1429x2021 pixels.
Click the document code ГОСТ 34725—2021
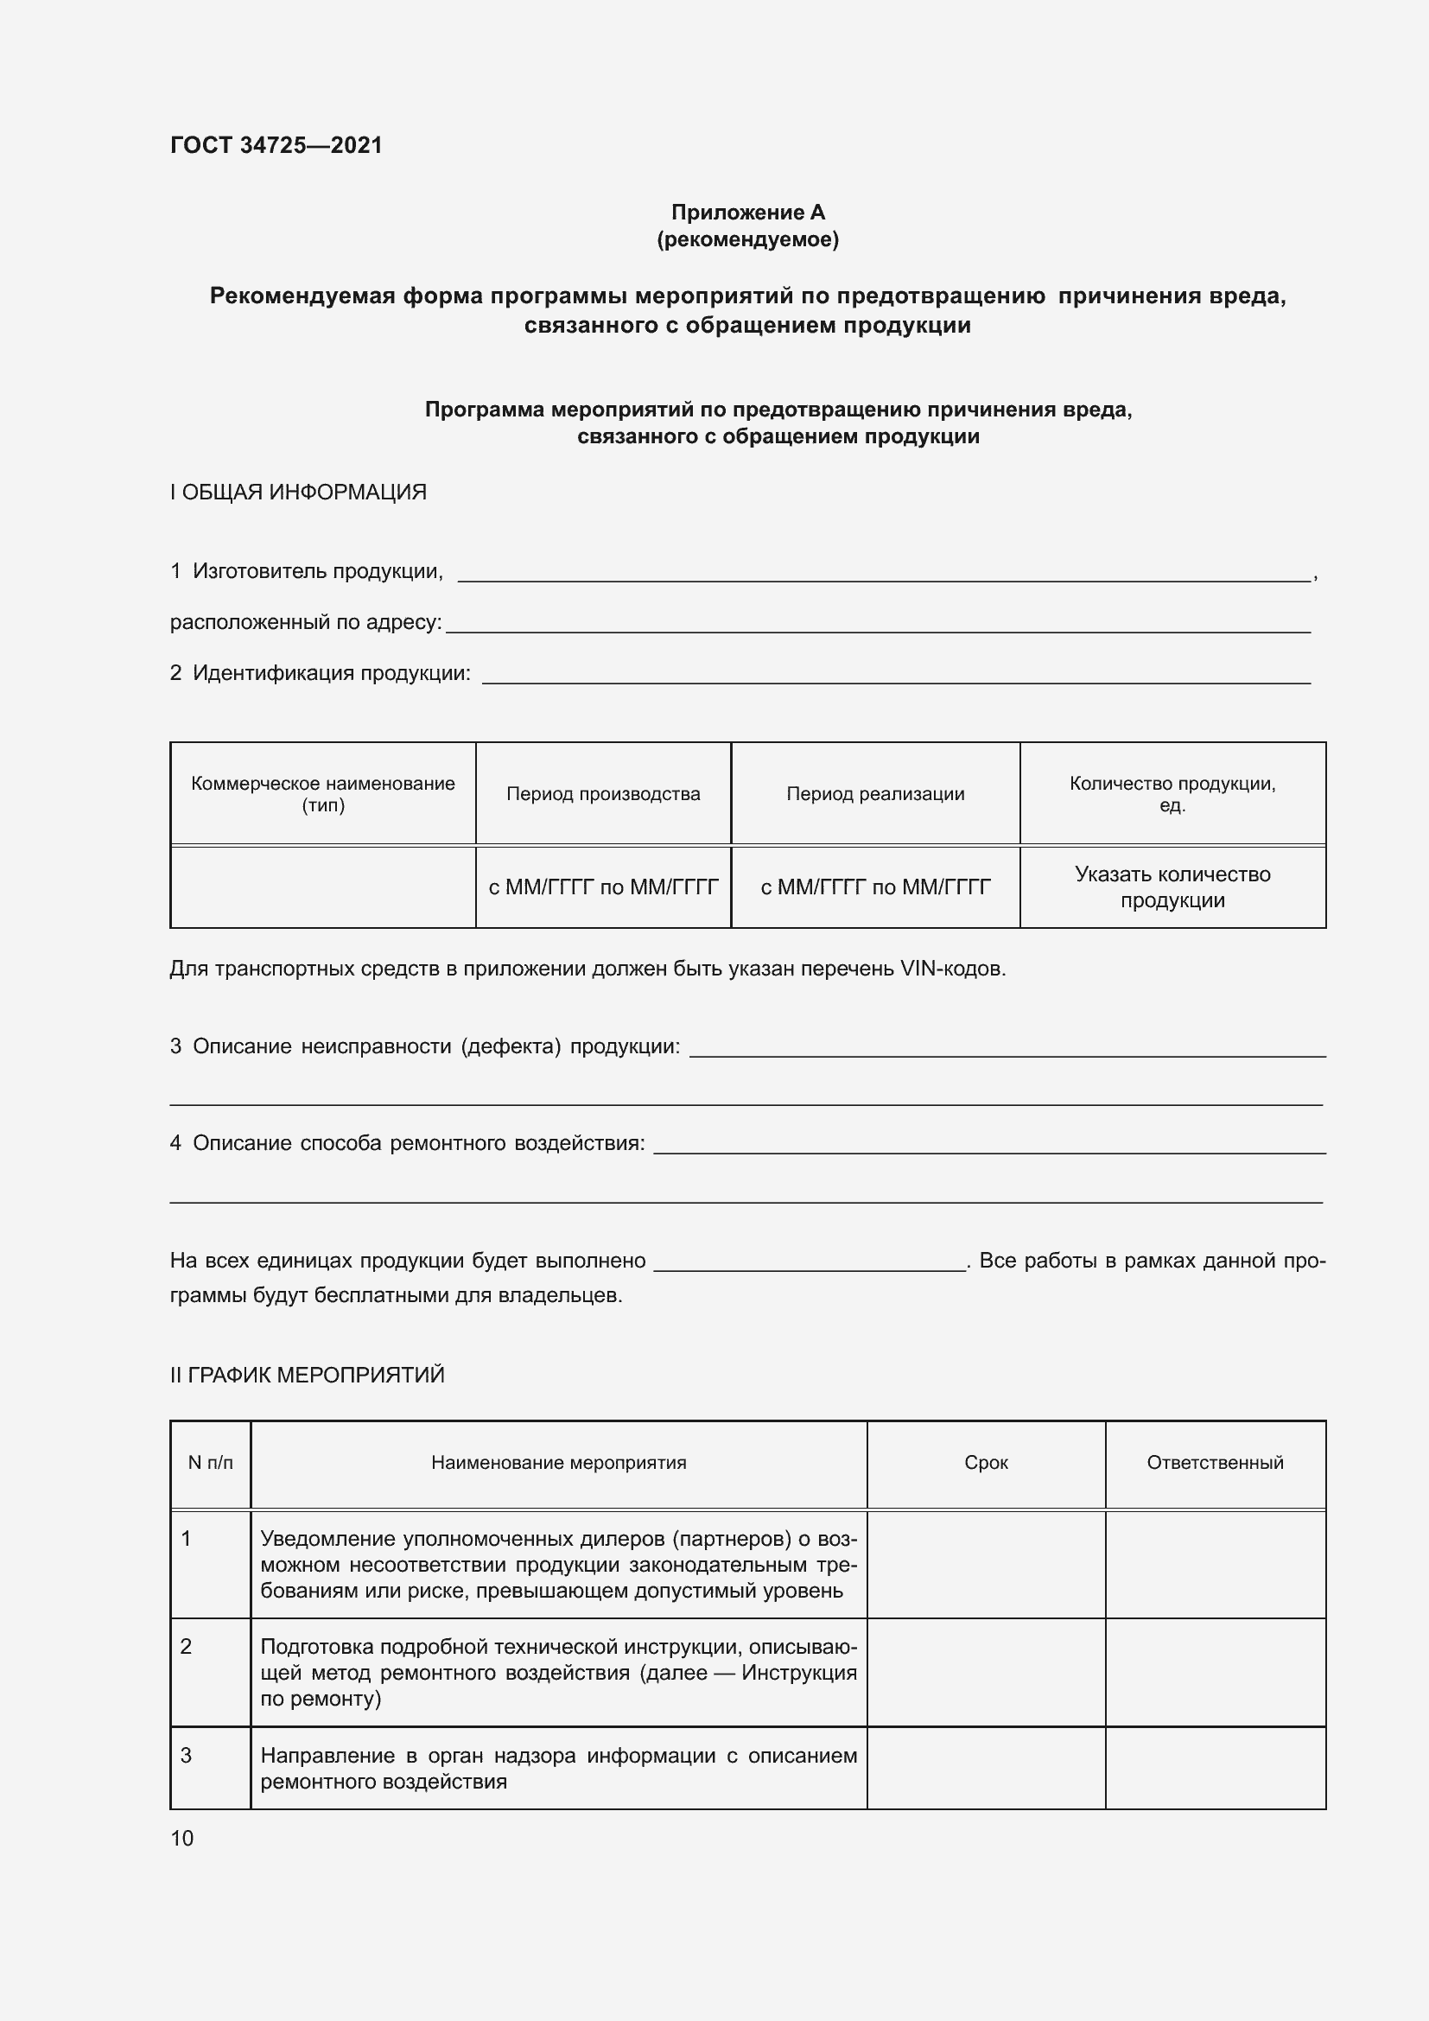click(276, 145)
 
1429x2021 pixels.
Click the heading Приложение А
click(747, 213)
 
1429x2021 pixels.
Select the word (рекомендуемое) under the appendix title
click(747, 239)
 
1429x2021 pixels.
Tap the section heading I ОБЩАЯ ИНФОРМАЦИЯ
click(298, 492)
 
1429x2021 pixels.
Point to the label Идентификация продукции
click(331, 673)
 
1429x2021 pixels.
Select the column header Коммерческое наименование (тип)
click(323, 794)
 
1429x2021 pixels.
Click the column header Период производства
click(603, 794)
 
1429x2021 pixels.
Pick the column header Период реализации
click(874, 794)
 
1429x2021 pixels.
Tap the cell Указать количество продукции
click(1172, 887)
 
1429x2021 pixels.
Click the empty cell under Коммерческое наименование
click(323, 887)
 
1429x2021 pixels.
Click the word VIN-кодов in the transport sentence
click(952, 969)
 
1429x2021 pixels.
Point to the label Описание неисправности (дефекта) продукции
click(435, 1046)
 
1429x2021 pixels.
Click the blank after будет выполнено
click(810, 1263)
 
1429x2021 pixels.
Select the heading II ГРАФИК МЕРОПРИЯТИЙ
click(307, 1375)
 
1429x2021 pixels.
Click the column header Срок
click(986, 1463)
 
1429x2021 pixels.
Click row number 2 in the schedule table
click(187, 1647)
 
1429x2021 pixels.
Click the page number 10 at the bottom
click(182, 1839)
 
